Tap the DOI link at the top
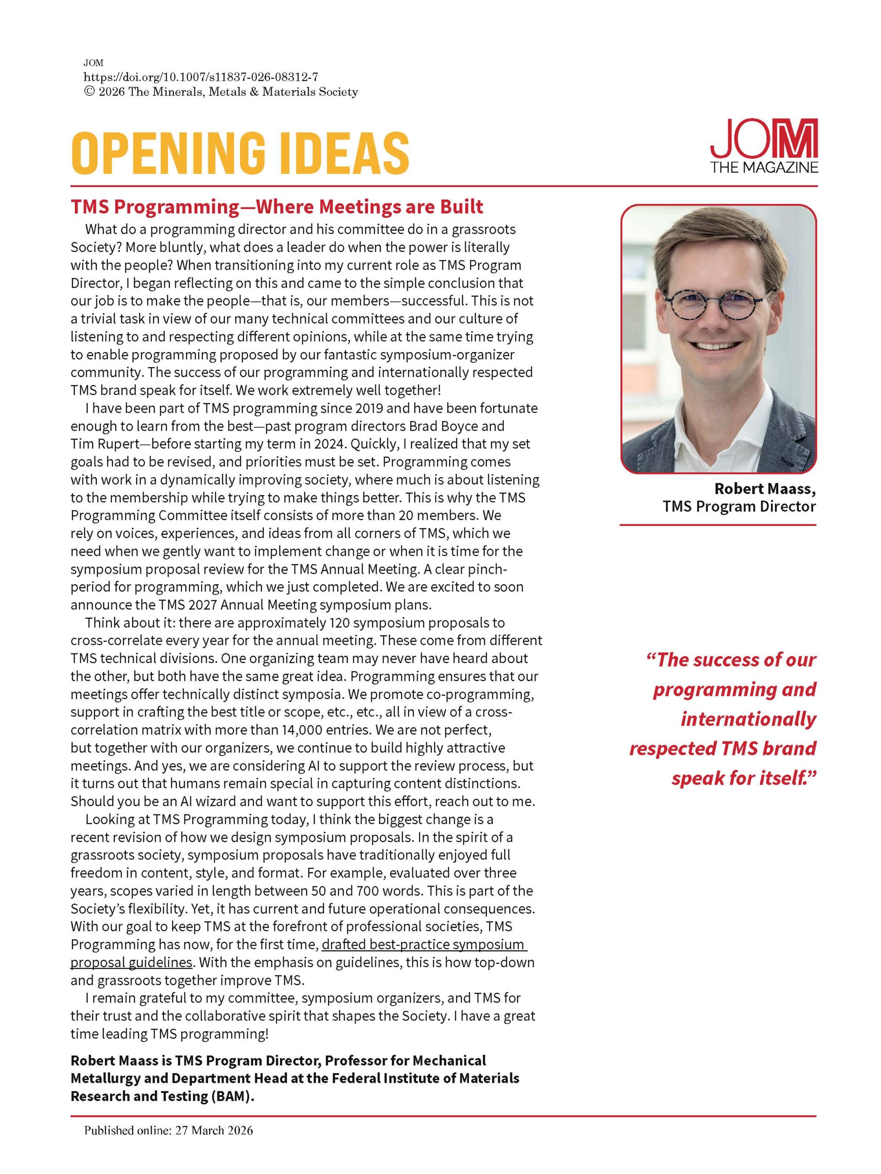pyautogui.click(x=201, y=78)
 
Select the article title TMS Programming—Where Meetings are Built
pyautogui.click(x=277, y=206)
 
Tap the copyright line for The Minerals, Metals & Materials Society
pyautogui.click(x=221, y=92)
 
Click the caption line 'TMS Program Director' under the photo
pyautogui.click(x=739, y=506)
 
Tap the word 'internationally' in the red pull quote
pyautogui.click(x=748, y=719)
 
